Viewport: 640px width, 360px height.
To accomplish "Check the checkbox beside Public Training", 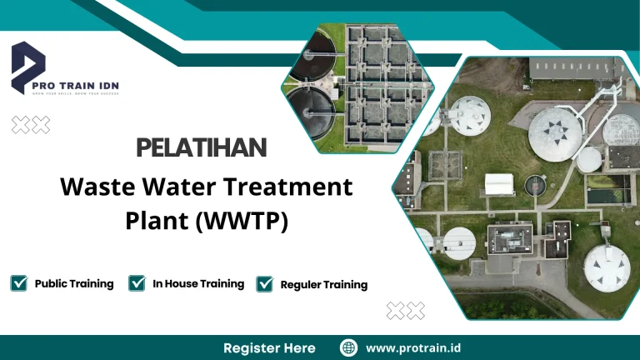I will pyautogui.click(x=19, y=283).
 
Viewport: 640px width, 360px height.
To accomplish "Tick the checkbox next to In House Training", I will pyautogui.click(x=137, y=283).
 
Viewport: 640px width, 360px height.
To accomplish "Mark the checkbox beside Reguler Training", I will pyautogui.click(x=265, y=284).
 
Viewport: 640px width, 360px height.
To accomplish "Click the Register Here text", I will pyautogui.click(x=269, y=347).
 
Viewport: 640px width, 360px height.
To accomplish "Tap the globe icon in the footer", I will pyautogui.click(x=349, y=347).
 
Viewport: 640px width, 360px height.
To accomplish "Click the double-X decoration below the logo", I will pyautogui.click(x=31, y=125).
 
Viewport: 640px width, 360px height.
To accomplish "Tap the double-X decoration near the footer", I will pyautogui.click(x=406, y=311).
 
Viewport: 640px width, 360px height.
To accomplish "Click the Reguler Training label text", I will pyautogui.click(x=323, y=285).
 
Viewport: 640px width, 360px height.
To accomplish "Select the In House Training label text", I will pyautogui.click(x=198, y=283).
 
